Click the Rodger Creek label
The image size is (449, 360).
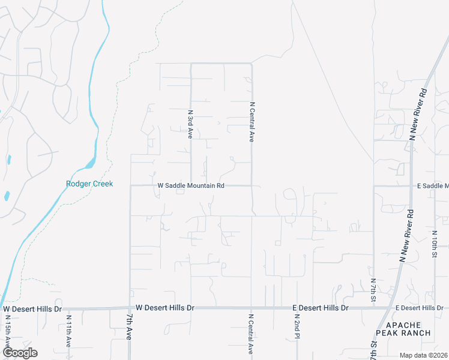click(89, 184)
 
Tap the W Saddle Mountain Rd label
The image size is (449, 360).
click(191, 186)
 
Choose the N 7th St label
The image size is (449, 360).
click(373, 289)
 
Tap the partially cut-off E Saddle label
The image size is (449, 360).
click(433, 186)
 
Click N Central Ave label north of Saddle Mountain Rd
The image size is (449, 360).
click(252, 121)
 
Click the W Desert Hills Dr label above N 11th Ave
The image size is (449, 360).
click(32, 309)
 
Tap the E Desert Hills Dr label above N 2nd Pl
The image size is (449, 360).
click(321, 308)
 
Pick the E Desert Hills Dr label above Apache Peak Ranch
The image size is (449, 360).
click(419, 308)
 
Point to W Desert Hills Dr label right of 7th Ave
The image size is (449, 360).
click(165, 307)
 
